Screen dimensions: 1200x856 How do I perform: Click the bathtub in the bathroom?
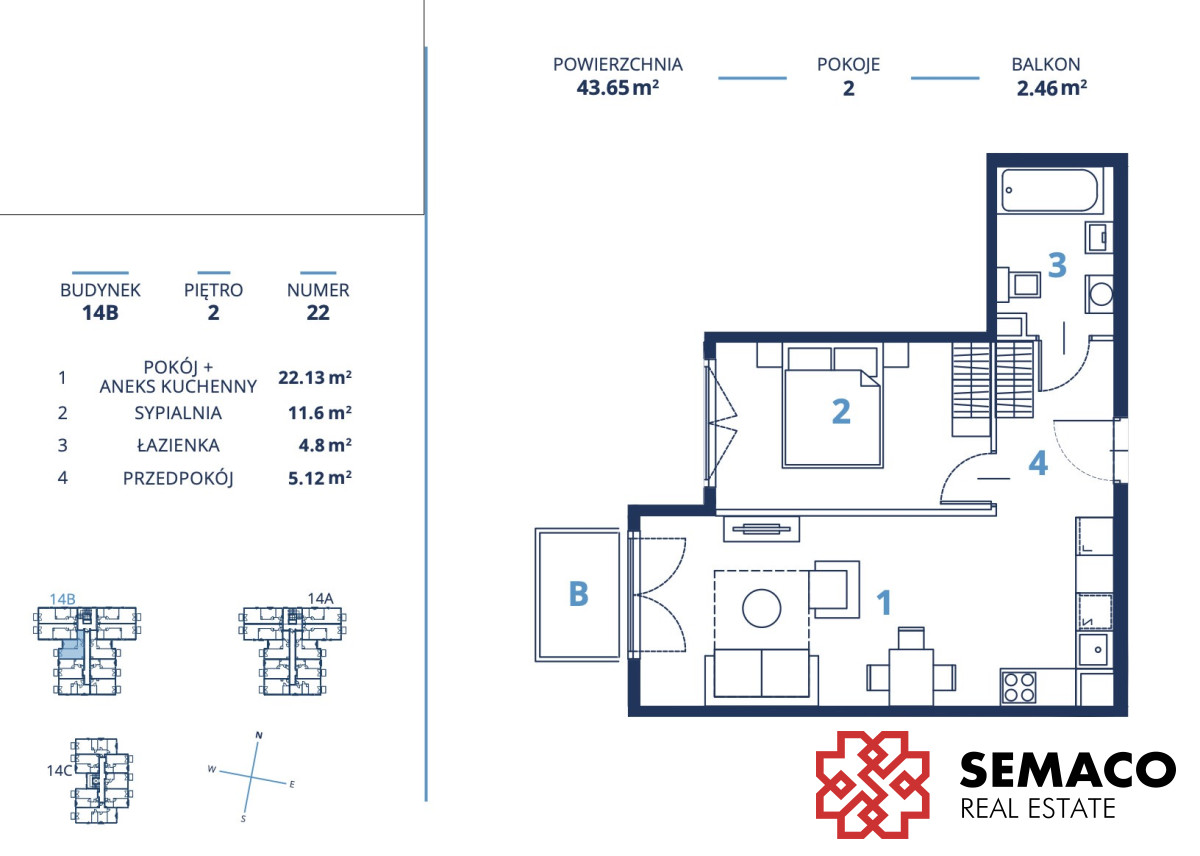1049,190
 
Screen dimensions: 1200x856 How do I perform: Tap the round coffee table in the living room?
761,608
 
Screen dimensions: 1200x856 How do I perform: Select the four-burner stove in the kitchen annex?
1019,687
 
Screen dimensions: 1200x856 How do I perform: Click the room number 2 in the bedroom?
841,411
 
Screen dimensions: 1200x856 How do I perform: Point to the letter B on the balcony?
579,594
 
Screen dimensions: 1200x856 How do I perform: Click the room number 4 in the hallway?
1038,463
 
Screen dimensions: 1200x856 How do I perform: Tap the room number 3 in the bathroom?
1057,265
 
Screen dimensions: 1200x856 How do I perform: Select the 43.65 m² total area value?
617,88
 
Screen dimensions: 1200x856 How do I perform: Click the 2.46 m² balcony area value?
1052,88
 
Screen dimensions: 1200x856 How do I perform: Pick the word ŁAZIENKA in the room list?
178,445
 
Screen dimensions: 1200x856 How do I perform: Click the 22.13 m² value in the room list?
315,377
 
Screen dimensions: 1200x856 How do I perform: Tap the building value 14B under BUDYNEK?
100,312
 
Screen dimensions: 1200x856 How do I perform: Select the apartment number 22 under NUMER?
318,312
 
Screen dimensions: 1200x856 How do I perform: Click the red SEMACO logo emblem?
872,785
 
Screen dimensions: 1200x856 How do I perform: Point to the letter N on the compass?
259,735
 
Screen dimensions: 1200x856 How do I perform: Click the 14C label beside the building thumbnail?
59,771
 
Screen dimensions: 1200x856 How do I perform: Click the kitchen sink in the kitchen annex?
1094,650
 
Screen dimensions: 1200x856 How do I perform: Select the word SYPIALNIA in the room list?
178,413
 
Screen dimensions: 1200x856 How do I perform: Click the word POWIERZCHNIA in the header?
618,64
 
